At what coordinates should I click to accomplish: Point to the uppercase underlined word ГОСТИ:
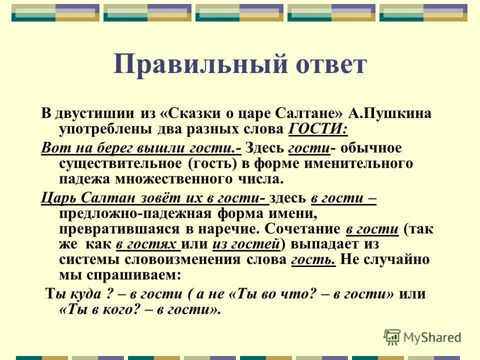tap(318, 129)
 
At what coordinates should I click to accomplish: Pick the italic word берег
tap(115, 148)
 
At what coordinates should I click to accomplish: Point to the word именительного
tap(359, 163)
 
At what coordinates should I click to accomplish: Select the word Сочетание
tap(302, 229)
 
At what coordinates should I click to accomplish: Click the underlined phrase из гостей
tap(246, 244)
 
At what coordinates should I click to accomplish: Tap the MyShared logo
tap(422, 336)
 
